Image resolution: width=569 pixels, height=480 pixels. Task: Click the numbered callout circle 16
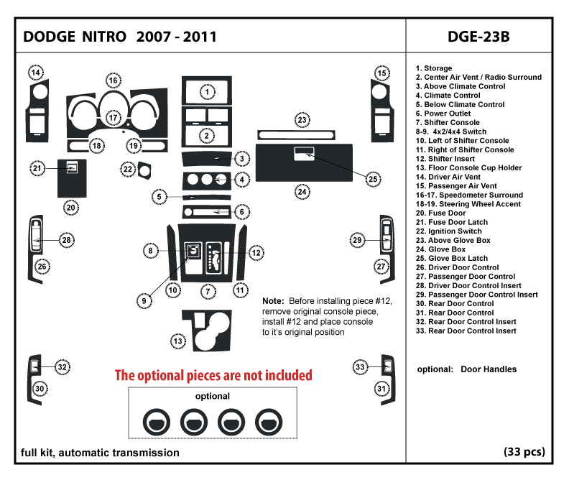(x=113, y=80)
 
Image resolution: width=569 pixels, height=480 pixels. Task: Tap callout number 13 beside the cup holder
(x=177, y=341)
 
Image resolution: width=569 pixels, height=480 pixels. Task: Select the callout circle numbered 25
(x=373, y=178)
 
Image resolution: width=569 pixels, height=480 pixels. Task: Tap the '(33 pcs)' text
(x=524, y=452)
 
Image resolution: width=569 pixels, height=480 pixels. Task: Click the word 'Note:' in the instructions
(x=273, y=300)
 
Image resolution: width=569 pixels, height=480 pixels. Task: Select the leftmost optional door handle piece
(x=156, y=420)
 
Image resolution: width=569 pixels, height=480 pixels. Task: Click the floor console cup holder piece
(x=209, y=331)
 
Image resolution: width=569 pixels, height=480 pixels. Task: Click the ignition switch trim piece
(x=147, y=171)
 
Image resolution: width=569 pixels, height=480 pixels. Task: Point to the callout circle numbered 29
(x=358, y=239)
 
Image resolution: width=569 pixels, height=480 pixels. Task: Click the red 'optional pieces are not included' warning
(x=214, y=375)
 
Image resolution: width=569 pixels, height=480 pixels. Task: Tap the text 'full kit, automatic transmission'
(x=101, y=453)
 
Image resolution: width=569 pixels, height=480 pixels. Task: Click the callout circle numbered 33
(x=361, y=367)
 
